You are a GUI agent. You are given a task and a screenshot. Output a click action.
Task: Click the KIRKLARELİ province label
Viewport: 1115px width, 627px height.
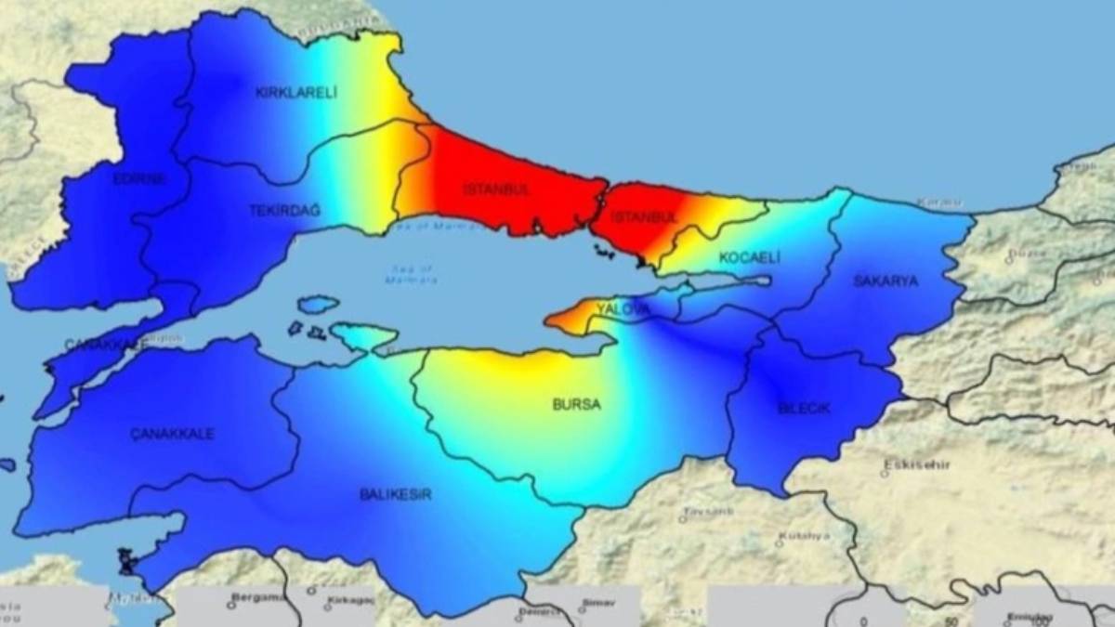(x=295, y=92)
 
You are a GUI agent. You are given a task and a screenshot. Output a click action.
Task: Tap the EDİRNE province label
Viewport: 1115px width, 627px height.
(x=139, y=179)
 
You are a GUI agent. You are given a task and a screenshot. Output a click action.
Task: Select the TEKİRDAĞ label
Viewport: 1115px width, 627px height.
(x=284, y=211)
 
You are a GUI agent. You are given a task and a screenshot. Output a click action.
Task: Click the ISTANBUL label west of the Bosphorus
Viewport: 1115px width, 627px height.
(x=496, y=189)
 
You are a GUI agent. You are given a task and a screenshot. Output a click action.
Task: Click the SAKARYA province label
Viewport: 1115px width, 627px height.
(x=886, y=281)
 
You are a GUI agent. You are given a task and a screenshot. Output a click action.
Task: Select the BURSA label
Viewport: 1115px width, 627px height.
(x=576, y=405)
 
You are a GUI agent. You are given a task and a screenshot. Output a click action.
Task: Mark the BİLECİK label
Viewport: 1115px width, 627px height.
(x=804, y=409)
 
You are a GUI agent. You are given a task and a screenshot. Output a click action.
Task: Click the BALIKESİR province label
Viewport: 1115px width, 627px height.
(x=395, y=494)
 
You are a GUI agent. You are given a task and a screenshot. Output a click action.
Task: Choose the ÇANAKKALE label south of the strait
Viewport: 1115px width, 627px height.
(x=173, y=434)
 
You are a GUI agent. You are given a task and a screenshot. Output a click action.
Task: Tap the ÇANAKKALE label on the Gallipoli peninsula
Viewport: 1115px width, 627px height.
(x=105, y=345)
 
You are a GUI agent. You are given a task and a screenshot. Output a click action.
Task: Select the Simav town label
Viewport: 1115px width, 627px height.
(x=597, y=603)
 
